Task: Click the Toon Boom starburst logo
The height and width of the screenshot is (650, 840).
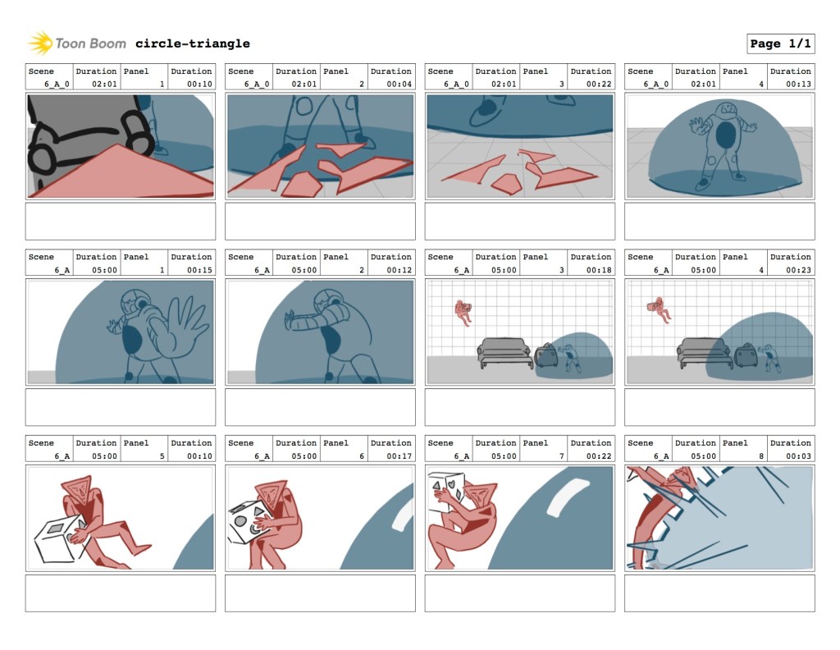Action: [39, 43]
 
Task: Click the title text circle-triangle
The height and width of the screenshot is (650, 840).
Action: [192, 43]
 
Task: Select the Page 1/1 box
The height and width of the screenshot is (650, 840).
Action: [781, 43]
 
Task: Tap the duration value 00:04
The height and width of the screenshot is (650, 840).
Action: [399, 84]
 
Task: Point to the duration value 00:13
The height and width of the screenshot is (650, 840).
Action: [798, 84]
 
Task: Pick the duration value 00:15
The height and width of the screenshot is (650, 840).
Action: [199, 269]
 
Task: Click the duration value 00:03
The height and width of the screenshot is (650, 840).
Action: [798, 455]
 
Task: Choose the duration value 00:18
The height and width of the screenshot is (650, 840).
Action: [599, 269]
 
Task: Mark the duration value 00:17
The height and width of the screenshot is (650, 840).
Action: [399, 455]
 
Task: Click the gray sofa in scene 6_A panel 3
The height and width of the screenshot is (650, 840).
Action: [504, 352]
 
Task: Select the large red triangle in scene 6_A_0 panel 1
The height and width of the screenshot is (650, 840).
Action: [122, 174]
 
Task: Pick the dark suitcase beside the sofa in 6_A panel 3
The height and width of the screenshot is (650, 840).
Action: [546, 355]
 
